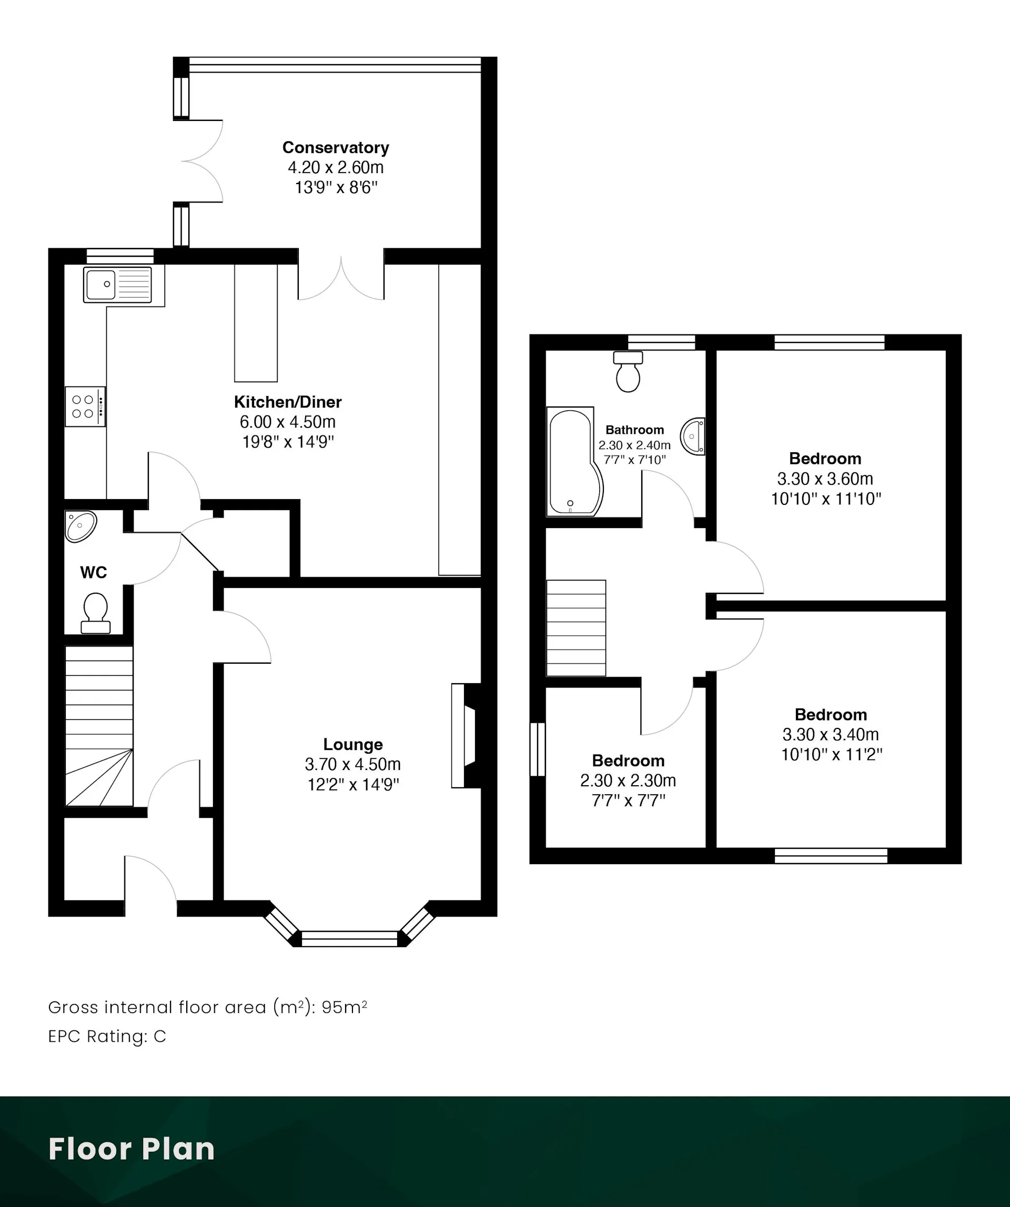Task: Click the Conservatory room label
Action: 336,148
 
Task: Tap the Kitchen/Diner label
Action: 287,402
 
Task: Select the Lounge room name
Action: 353,744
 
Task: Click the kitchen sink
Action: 118,284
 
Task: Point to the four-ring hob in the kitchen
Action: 85,407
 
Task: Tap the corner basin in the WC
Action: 80,526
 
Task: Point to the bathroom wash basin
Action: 693,436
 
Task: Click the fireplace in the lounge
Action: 466,735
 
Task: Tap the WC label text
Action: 94,572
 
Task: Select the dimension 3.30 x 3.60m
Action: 825,479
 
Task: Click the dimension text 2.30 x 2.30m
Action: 628,780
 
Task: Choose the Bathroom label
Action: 634,430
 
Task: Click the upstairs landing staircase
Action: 576,627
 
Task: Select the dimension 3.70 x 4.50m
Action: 353,765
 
